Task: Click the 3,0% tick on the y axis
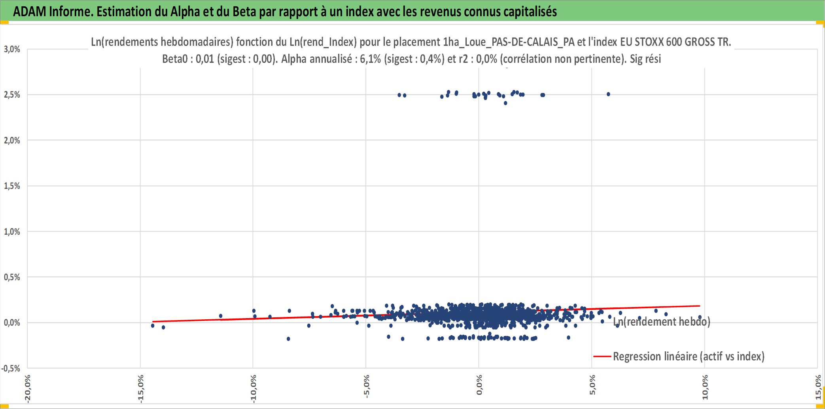[12, 49]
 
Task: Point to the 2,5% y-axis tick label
[12, 94]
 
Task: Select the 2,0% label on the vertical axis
[12, 140]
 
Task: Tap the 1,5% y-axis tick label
[12, 186]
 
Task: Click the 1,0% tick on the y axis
[12, 232]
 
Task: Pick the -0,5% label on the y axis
[11, 368]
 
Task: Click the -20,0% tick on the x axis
[27, 389]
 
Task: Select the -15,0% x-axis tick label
[140, 389]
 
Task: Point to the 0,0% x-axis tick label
[479, 385]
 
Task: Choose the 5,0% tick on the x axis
[592, 385]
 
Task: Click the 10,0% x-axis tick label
[705, 387]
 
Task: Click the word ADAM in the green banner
[30, 11]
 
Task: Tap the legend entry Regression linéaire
[679, 356]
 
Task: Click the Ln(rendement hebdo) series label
[662, 322]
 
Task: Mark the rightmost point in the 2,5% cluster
[608, 94]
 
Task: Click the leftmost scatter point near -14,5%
[153, 326]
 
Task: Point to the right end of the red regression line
[700, 306]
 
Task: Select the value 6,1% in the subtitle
[370, 59]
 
